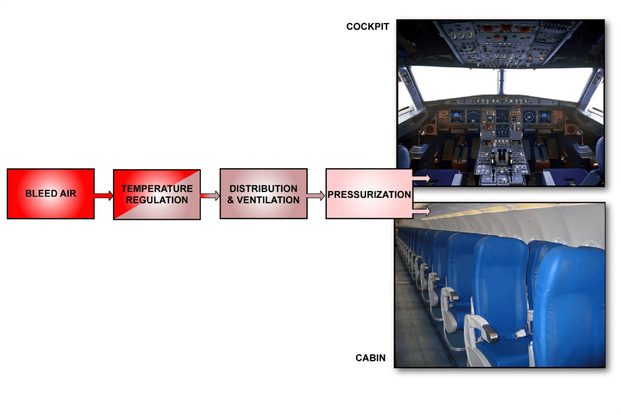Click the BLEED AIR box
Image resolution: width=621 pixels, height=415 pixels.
coord(51,194)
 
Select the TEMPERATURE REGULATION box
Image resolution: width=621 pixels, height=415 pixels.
coord(157,194)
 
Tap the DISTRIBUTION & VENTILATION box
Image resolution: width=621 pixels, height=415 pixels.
coord(264,194)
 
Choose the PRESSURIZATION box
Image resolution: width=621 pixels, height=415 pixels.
coord(369,194)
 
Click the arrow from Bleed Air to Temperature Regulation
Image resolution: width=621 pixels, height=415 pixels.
coord(104,195)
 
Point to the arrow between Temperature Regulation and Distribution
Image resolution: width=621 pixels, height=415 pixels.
coord(210,196)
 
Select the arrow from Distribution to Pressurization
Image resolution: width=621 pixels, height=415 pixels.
coord(316,195)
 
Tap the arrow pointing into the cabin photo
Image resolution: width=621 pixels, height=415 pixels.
coord(422,211)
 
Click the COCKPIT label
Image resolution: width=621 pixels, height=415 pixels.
coord(367,27)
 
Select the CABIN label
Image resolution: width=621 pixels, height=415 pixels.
coord(370,358)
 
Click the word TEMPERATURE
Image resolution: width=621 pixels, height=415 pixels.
coord(157,189)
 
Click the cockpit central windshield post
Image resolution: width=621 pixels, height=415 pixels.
coord(501,81)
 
